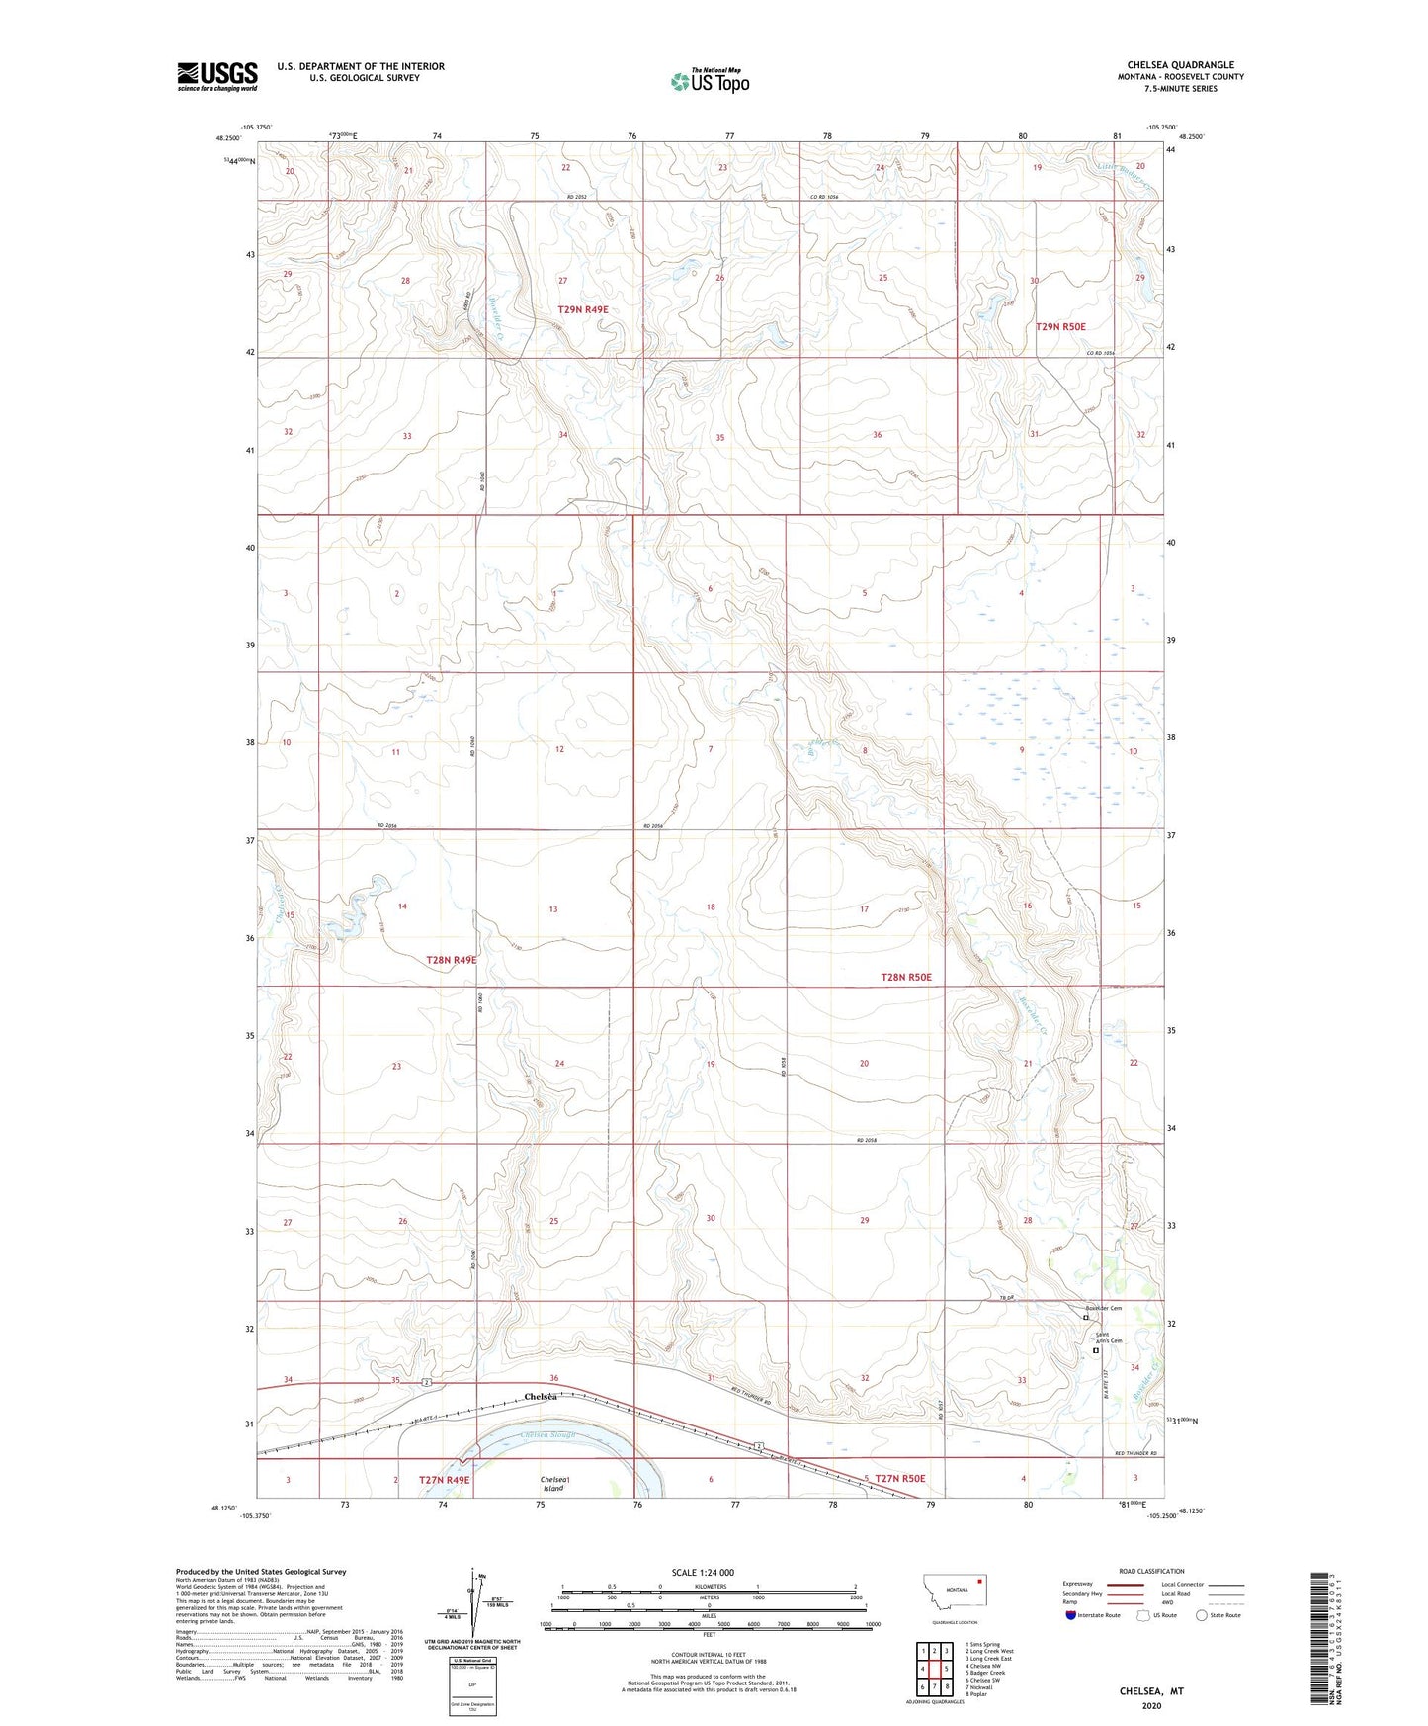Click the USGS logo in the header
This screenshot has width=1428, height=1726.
216,76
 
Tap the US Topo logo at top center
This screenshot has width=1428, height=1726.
710,81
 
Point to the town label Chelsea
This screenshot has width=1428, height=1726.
541,1397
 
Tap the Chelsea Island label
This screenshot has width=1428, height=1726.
552,1483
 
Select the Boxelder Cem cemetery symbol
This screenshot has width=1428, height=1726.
1085,1317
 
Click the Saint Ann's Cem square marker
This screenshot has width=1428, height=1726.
1095,1350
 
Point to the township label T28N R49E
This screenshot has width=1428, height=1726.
452,960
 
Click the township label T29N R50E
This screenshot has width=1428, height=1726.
1060,326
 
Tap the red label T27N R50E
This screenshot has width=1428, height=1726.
899,1479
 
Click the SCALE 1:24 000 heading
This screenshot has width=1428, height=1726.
703,1572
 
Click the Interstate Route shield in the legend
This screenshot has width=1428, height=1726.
1070,1615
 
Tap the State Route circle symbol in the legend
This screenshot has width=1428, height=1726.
1201,1615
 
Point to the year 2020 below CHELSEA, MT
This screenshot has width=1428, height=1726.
1151,1705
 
